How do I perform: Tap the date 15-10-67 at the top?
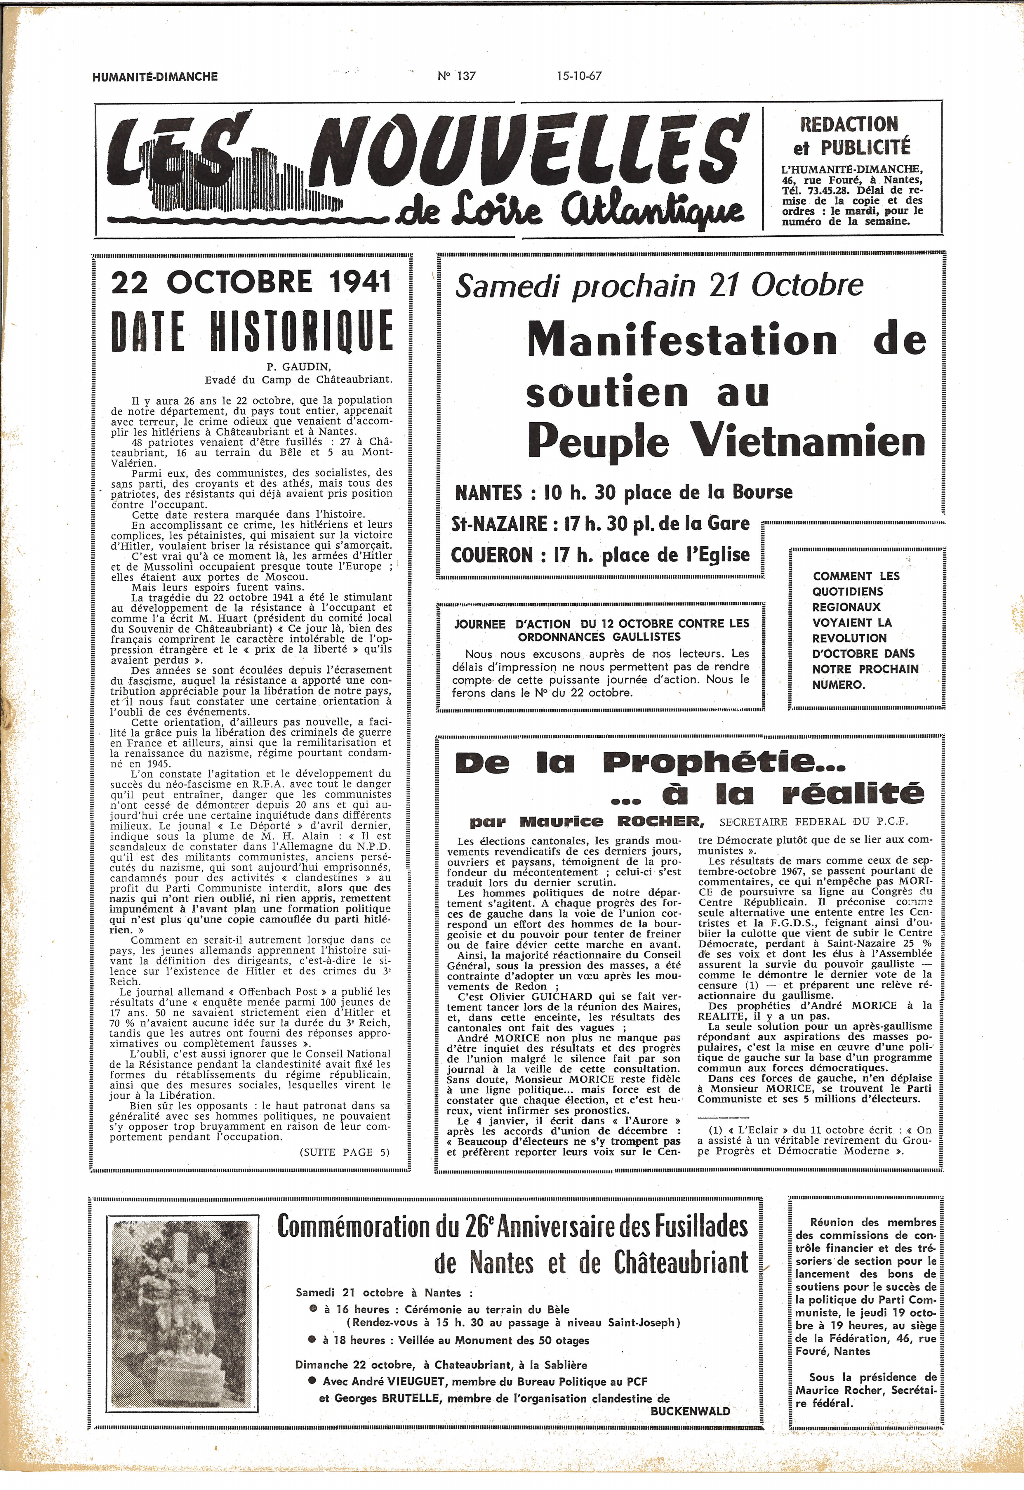point(579,76)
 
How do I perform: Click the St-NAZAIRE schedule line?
point(600,524)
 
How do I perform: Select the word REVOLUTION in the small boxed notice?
point(849,638)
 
